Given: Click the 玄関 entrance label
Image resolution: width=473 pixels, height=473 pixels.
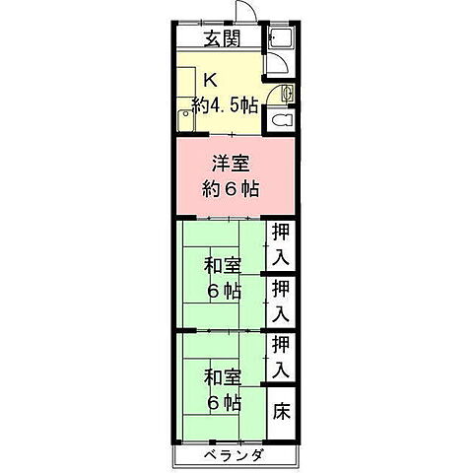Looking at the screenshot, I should click(220, 40).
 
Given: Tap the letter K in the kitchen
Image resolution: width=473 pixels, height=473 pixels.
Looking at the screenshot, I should click(210, 82).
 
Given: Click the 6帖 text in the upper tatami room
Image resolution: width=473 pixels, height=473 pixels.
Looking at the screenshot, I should click(224, 291).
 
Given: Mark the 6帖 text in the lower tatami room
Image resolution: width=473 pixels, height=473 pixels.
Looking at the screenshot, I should click(224, 402).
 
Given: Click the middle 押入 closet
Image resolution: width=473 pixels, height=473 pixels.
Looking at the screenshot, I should click(281, 302).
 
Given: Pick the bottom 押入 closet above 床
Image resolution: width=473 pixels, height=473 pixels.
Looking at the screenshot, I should click(281, 357).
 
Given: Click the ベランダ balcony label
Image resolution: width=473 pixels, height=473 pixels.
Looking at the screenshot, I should click(235, 455).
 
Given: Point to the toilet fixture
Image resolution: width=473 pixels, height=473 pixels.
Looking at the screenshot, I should click(281, 122).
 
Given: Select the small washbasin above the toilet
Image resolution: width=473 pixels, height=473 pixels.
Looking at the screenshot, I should click(287, 95).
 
